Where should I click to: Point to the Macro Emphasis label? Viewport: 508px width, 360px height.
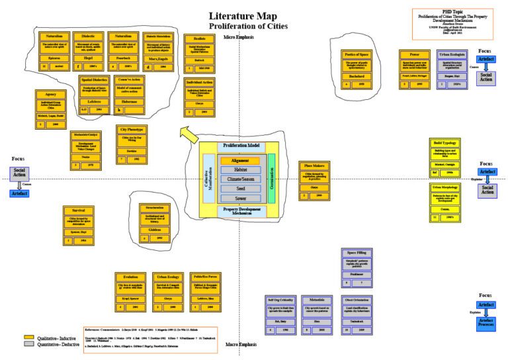[x=241, y=344]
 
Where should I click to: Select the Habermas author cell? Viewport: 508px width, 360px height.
[x=131, y=103]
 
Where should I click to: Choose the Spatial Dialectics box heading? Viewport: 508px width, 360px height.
[x=94, y=79]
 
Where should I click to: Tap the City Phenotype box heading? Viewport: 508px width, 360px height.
[x=131, y=130]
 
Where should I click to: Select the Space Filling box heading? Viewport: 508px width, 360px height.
[x=356, y=252]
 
